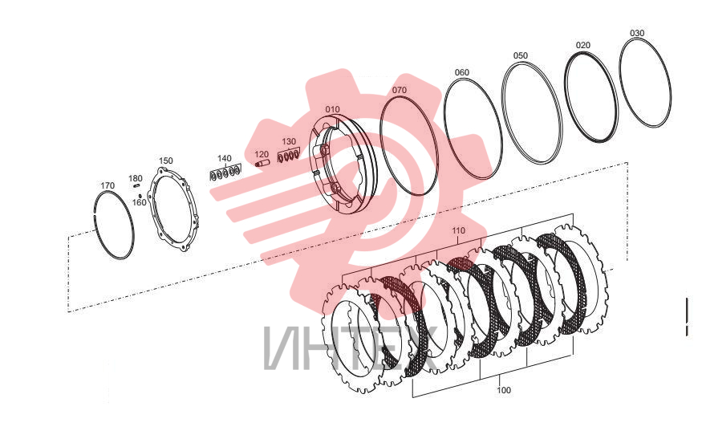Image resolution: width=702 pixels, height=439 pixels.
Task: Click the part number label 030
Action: [637, 33]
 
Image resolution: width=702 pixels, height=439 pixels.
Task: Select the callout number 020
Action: [583, 45]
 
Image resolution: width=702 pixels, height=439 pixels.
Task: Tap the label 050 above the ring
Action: [520, 55]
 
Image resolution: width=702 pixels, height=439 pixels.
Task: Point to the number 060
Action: [462, 72]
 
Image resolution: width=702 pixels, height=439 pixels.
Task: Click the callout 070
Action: [400, 90]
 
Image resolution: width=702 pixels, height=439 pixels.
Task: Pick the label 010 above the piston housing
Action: [333, 109]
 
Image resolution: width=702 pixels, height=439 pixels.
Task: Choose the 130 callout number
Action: [289, 141]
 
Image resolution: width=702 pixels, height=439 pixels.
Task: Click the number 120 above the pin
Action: [262, 155]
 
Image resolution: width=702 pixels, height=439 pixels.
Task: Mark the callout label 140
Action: [225, 159]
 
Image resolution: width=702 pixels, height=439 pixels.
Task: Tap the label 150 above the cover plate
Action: [165, 161]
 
